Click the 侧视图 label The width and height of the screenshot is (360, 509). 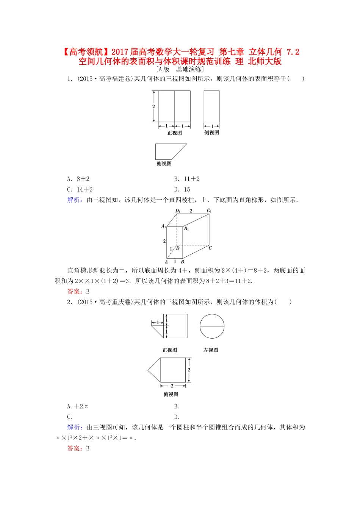[211, 133]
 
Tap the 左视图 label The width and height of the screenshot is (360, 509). [211, 350]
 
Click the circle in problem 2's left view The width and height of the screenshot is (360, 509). [212, 326]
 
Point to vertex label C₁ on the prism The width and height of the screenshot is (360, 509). [209, 211]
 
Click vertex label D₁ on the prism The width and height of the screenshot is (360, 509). [178, 211]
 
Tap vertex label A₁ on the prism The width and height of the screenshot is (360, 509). [163, 226]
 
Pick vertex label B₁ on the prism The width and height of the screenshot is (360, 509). [186, 229]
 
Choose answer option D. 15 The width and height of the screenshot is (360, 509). [182, 189]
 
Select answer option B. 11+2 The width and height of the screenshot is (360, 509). [187, 179]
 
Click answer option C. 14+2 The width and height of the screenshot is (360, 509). [80, 189]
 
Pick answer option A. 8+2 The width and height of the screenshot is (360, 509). [78, 179]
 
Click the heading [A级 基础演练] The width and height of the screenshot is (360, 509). [180, 69]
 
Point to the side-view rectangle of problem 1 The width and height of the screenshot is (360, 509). [211, 106]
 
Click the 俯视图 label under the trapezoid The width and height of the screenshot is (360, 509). [164, 164]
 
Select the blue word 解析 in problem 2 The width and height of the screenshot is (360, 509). [74, 427]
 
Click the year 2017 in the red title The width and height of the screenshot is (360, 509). [120, 52]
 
